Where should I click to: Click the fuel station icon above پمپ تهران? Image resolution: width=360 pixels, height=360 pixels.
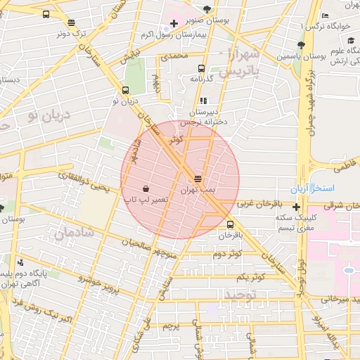pyautogui.click(x=198, y=178)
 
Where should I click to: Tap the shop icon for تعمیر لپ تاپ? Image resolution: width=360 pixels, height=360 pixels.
pyautogui.click(x=145, y=188)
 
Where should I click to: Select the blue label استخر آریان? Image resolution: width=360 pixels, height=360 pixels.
pyautogui.click(x=314, y=190)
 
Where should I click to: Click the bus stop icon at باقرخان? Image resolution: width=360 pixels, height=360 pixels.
pyautogui.click(x=231, y=224)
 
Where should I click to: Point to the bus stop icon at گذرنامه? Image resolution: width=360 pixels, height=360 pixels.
pyautogui.click(x=202, y=69)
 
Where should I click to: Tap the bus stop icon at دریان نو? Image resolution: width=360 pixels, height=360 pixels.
pyautogui.click(x=125, y=90)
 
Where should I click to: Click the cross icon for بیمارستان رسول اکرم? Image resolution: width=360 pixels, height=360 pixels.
pyautogui.click(x=174, y=24)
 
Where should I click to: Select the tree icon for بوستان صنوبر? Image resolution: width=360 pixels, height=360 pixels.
pyautogui.click(x=207, y=9)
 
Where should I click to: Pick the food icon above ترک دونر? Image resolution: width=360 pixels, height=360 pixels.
pyautogui.click(x=71, y=22)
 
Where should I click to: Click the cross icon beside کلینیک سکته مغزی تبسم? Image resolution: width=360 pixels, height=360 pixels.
pyautogui.click(x=297, y=207)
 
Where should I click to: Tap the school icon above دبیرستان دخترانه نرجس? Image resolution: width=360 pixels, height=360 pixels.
pyautogui.click(x=204, y=101)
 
